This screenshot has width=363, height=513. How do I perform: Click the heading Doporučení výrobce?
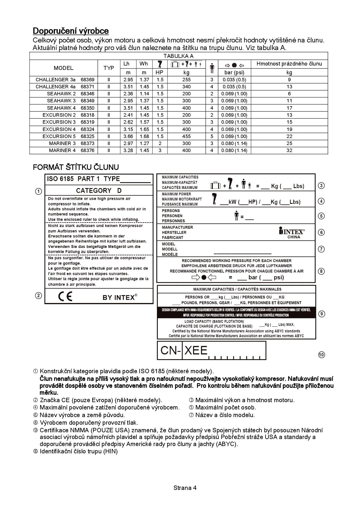point(71,31)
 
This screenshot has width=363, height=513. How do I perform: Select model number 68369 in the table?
point(88,80)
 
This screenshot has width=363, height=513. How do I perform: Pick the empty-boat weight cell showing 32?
point(289,150)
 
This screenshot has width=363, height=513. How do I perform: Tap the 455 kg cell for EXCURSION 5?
point(186,136)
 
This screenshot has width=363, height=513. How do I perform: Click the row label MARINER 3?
point(62,143)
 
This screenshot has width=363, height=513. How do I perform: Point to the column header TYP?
point(109,68)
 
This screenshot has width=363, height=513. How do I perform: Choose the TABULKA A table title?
point(178,56)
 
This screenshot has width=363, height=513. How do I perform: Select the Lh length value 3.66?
point(128,136)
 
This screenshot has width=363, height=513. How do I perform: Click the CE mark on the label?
point(65,297)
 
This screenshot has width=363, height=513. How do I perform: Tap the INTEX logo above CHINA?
point(292,231)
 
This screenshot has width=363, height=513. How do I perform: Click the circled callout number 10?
point(321,355)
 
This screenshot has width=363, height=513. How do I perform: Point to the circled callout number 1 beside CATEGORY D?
point(38,192)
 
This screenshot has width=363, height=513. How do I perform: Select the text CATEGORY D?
point(99,191)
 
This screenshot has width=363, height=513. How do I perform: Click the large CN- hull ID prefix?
point(170,350)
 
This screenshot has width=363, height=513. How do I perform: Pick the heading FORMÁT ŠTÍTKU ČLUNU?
point(76,167)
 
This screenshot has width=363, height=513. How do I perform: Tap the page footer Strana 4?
point(185,488)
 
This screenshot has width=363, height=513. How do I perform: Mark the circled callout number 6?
point(321,233)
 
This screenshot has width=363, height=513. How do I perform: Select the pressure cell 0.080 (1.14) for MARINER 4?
point(234,150)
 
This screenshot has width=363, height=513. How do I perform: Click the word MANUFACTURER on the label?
point(177,227)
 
